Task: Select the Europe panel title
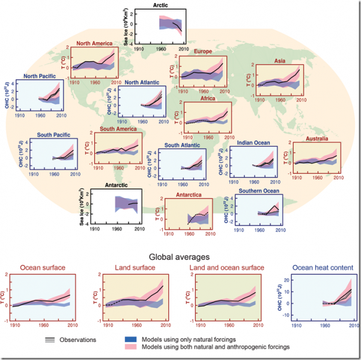pyautogui.click(x=204, y=52)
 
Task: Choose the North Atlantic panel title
pyautogui.click(x=141, y=82)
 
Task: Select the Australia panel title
pyautogui.click(x=317, y=139)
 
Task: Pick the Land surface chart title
pyautogui.click(x=130, y=267)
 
